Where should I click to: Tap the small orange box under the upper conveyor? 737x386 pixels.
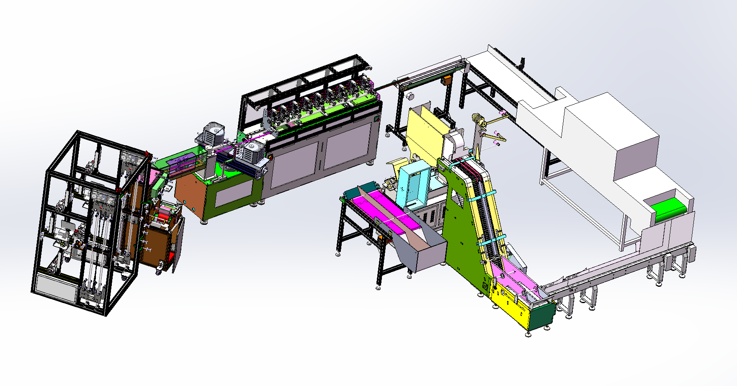pos(447,80)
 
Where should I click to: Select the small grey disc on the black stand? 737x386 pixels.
pos(410,96)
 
